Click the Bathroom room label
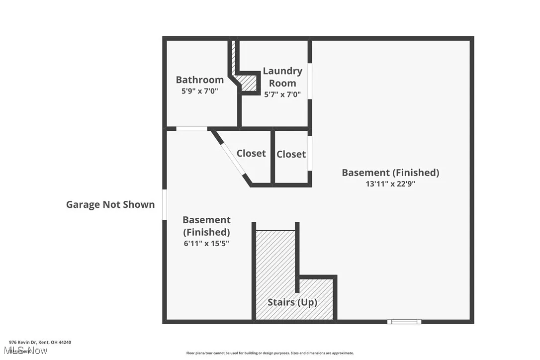199,80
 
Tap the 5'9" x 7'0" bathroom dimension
199,91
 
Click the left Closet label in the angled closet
251,154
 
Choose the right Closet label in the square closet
291,155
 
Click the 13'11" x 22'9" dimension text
390,183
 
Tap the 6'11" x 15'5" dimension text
206,244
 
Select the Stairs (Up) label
292,302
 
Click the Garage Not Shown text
110,204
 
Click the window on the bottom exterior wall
404,322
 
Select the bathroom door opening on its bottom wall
192,129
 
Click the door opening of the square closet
309,154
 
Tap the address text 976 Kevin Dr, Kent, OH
40,342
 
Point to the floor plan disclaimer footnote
270,353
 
